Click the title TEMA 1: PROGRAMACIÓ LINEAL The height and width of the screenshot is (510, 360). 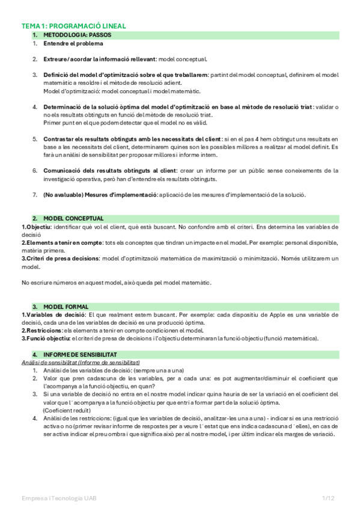click(x=74, y=26)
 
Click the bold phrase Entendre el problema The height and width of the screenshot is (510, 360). click(x=73, y=43)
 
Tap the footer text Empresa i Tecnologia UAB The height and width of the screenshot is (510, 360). click(x=58, y=499)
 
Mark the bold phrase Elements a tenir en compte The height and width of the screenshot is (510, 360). click(x=58, y=242)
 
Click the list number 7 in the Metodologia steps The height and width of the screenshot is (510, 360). click(x=34, y=194)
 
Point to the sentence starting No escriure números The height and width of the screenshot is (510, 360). click(x=116, y=282)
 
